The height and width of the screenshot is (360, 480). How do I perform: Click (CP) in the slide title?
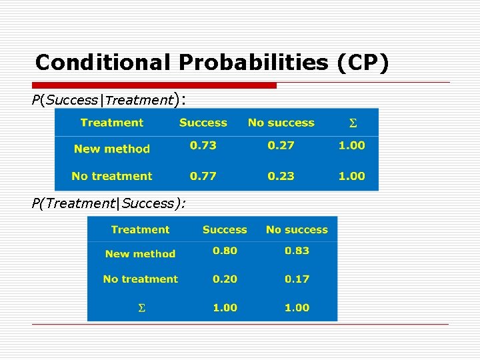(x=362, y=63)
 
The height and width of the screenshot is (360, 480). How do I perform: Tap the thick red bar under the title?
(x=155, y=85)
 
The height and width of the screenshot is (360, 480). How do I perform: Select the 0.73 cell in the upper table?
(x=203, y=145)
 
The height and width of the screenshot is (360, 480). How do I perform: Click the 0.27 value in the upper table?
(x=281, y=145)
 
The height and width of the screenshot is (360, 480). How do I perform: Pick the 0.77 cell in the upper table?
(x=203, y=176)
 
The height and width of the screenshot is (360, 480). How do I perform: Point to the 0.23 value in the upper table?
(x=281, y=176)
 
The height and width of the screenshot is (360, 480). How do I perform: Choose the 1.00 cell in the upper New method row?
(x=351, y=145)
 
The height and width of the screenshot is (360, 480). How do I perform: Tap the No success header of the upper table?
(x=281, y=123)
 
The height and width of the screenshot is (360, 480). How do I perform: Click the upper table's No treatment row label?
(x=112, y=176)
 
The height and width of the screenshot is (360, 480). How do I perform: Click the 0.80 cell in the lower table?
(x=225, y=251)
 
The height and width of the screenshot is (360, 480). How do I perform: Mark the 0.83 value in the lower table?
(x=297, y=251)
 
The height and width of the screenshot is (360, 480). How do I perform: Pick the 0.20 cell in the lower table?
(x=225, y=279)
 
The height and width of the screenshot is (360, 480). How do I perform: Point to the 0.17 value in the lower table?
(x=297, y=279)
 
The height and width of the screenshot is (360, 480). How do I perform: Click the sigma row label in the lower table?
(x=141, y=308)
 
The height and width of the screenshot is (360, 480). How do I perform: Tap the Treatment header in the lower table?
(x=140, y=229)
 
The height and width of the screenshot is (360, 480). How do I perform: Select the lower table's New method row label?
(x=140, y=253)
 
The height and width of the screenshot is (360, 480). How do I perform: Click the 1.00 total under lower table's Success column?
(x=225, y=307)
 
